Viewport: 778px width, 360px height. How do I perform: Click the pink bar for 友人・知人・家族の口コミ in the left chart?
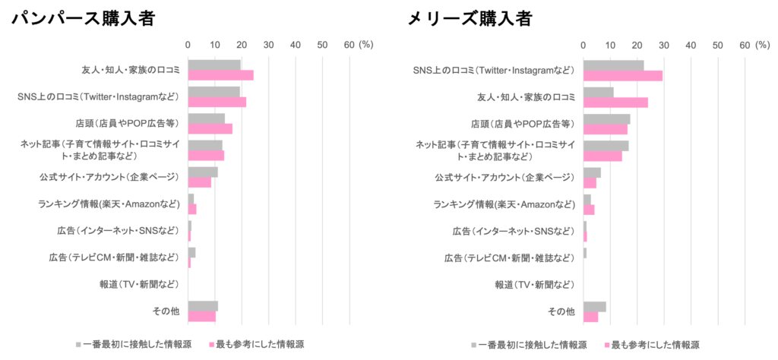pyautogui.click(x=221, y=75)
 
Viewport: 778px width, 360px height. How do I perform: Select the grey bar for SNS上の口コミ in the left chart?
pyautogui.click(x=215, y=92)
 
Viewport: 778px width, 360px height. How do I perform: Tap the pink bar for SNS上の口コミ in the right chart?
pyautogui.click(x=623, y=75)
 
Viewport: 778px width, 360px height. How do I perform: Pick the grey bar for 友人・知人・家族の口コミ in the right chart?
pyautogui.click(x=599, y=92)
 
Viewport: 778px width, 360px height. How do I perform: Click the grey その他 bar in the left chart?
pyautogui.click(x=203, y=305)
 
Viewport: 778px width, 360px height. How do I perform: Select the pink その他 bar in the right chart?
pyautogui.click(x=590, y=317)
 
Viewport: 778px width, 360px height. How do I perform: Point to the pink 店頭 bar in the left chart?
pyautogui.click(x=210, y=128)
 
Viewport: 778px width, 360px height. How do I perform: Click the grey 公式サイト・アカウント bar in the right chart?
pyautogui.click(x=592, y=172)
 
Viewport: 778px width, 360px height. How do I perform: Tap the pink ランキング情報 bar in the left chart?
pyautogui.click(x=192, y=209)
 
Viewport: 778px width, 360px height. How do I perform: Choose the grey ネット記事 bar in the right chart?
pyautogui.click(x=606, y=145)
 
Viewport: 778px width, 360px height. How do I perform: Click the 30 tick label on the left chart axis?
pyautogui.click(x=268, y=45)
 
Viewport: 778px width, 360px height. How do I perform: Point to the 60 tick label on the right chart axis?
pyautogui.click(x=744, y=45)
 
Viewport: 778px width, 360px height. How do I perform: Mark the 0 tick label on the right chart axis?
pyautogui.click(x=583, y=45)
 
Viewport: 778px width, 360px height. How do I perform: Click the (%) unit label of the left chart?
pyautogui.click(x=366, y=45)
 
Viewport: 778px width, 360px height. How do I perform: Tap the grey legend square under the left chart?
pyautogui.click(x=77, y=344)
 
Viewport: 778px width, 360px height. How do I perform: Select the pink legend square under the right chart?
pyautogui.click(x=606, y=344)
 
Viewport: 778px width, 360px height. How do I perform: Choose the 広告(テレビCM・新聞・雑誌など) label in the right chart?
pyautogui.click(x=510, y=257)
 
